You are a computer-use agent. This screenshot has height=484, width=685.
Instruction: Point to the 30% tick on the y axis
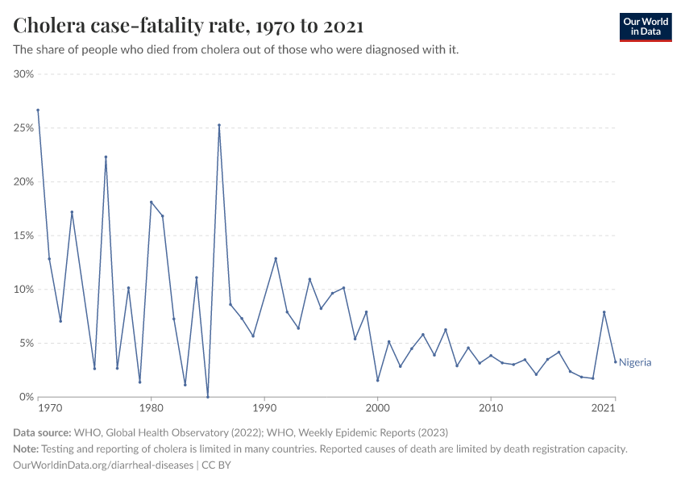[x=23, y=74]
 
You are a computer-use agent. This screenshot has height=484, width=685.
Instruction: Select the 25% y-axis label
[x=23, y=128]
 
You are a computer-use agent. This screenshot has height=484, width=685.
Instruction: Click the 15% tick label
[x=23, y=236]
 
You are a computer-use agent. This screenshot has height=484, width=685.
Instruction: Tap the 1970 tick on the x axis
[x=49, y=409]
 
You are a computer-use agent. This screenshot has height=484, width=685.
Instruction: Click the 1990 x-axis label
[x=264, y=409]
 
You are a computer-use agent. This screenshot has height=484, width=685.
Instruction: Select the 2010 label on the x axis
[x=491, y=409]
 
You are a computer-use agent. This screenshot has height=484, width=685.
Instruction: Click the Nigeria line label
[x=635, y=363]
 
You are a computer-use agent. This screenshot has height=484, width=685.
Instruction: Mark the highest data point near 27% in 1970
[x=38, y=110]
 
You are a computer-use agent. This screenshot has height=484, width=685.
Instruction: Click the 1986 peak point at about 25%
[x=219, y=125]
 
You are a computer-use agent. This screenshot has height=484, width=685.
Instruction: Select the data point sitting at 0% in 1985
[x=208, y=397]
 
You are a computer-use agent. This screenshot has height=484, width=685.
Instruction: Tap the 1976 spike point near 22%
[x=106, y=156]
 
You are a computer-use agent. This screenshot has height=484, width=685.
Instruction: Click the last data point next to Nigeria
[x=616, y=361]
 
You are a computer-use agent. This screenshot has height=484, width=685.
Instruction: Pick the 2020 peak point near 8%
[x=604, y=312]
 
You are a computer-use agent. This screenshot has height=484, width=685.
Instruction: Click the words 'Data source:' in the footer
[x=42, y=432]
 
